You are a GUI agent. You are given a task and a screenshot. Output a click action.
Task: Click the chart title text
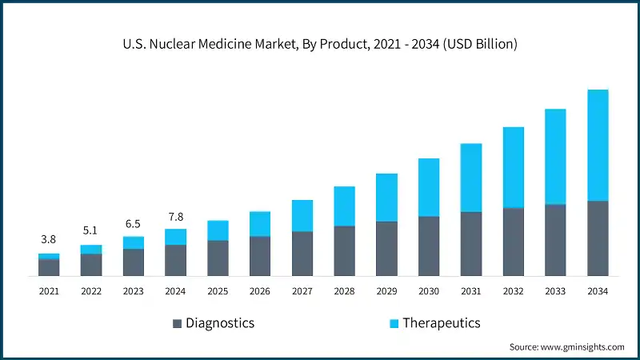click(320, 45)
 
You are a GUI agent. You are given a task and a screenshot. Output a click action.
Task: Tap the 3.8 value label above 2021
click(49, 239)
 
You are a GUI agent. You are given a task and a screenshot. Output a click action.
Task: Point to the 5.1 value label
click(91, 230)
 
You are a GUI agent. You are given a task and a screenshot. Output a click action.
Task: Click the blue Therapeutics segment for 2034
click(598, 145)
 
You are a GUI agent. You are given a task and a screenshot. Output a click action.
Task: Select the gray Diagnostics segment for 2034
click(598, 238)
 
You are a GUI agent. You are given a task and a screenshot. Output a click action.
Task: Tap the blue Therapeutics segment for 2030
click(429, 187)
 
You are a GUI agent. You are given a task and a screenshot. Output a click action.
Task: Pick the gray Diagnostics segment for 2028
click(345, 251)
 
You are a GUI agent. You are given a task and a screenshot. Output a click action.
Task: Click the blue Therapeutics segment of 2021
click(49, 256)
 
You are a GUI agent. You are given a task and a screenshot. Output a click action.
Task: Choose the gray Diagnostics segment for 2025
click(218, 258)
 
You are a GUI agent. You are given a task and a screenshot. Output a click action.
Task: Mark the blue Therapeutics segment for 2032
click(514, 167)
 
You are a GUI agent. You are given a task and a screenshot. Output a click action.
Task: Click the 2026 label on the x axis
click(260, 292)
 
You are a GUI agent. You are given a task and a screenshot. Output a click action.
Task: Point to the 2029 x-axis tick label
click(386, 292)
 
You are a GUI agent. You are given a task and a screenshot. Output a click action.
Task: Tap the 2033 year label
click(555, 292)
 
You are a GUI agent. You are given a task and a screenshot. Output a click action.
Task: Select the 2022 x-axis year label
click(91, 292)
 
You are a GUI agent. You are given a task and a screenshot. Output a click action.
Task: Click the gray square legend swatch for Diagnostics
click(177, 324)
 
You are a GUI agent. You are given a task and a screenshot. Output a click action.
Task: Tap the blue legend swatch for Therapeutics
click(393, 324)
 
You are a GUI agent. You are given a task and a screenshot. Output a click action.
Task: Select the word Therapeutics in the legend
click(441, 323)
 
